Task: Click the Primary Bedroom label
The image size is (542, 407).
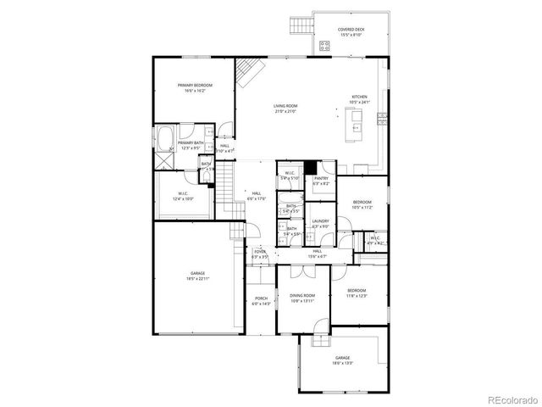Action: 194,87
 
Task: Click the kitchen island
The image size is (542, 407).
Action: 354,125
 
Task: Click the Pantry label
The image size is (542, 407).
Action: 321,181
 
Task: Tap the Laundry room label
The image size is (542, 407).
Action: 320,223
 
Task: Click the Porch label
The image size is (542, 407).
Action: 261,301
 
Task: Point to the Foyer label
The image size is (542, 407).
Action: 260,254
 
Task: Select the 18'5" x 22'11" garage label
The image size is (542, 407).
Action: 197,276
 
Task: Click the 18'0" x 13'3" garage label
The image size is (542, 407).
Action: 342,360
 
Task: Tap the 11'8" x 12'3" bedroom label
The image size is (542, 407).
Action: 356,293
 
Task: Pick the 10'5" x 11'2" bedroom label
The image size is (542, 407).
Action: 362,204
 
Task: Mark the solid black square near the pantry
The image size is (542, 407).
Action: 310,166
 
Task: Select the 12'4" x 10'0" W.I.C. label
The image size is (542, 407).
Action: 183,197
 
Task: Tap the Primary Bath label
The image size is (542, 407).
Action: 190,145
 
